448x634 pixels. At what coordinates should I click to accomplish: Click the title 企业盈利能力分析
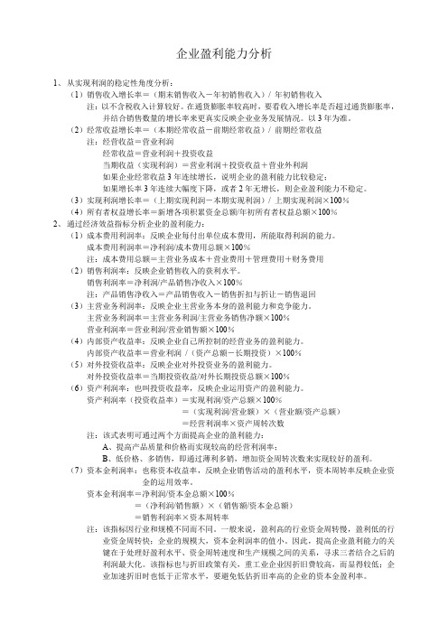[x=223, y=54]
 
